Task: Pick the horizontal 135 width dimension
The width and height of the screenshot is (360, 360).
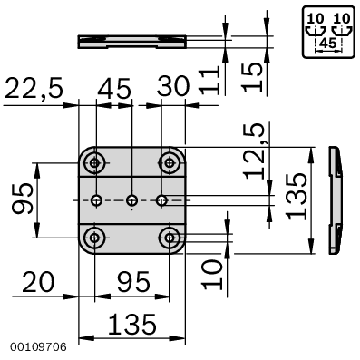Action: (131, 324)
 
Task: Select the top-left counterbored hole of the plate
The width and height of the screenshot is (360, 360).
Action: (94, 162)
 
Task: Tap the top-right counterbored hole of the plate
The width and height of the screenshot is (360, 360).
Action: (168, 162)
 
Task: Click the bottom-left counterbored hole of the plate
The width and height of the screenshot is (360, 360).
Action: (94, 238)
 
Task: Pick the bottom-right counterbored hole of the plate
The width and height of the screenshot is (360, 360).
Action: (168, 238)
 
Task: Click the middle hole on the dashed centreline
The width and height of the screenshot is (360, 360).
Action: (132, 199)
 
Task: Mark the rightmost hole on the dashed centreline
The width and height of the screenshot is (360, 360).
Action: (162, 199)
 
